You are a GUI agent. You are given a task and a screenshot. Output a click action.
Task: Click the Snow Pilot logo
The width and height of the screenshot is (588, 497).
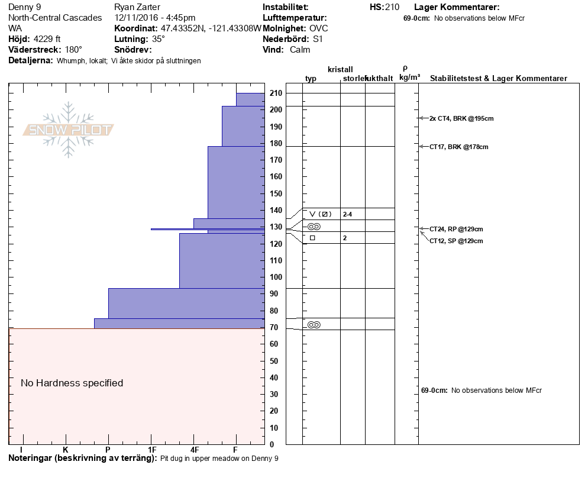point(69,130)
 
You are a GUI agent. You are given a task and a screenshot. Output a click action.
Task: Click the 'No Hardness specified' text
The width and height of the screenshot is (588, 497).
point(72,383)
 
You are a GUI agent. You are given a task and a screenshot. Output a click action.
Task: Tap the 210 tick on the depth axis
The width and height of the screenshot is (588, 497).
point(276,93)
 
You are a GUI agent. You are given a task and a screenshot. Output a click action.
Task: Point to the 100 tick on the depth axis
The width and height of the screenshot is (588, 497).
point(276,277)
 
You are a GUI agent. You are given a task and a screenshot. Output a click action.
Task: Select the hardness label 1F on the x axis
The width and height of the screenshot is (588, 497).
point(151,450)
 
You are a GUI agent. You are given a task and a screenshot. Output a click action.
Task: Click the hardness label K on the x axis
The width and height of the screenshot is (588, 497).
point(66,450)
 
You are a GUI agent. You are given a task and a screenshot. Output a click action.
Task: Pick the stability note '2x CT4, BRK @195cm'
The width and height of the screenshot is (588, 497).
point(461,118)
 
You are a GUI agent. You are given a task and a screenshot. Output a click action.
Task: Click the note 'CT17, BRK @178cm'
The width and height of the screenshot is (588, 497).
point(459,147)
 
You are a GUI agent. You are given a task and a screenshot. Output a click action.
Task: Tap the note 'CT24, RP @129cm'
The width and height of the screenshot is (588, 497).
point(456,229)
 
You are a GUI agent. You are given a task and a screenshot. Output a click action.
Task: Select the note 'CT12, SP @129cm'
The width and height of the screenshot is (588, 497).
point(456,241)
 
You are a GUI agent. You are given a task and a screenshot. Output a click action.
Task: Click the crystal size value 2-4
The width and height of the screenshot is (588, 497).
point(347,214)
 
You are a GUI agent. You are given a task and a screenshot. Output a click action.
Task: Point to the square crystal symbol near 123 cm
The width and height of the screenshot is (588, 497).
point(312,238)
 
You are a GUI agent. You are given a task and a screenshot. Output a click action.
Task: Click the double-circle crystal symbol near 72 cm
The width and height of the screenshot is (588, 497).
point(314,325)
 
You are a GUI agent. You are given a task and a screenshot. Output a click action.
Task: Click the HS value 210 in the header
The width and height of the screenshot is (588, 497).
point(392,8)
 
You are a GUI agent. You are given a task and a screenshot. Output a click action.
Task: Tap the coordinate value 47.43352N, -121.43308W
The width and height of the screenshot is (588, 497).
point(211,28)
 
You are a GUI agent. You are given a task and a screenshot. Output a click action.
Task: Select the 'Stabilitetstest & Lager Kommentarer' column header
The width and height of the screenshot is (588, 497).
point(499,79)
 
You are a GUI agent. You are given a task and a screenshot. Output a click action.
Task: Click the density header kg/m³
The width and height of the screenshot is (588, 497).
point(409,78)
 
